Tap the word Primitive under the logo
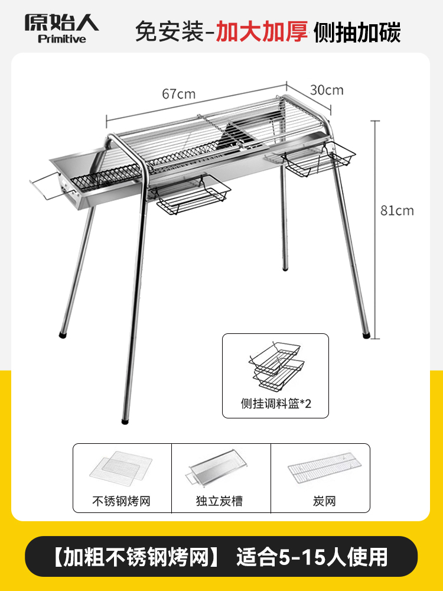pyautogui.click(x=61, y=39)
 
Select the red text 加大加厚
pyautogui.click(x=262, y=31)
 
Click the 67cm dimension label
pyautogui.click(x=178, y=94)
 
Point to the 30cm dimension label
pyautogui.click(x=327, y=90)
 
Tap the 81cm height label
pyautogui.click(x=397, y=210)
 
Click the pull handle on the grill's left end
pyautogui.click(x=43, y=186)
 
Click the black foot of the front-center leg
pyautogui.click(x=125, y=422)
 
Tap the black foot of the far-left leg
pyautogui.click(x=62, y=335)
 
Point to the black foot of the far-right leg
pyautogui.click(x=367, y=335)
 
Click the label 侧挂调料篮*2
pyautogui.click(x=275, y=404)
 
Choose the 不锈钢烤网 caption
pyautogui.click(x=122, y=501)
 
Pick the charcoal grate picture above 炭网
pyautogui.click(x=320, y=467)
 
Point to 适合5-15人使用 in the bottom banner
pyautogui.click(x=312, y=557)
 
